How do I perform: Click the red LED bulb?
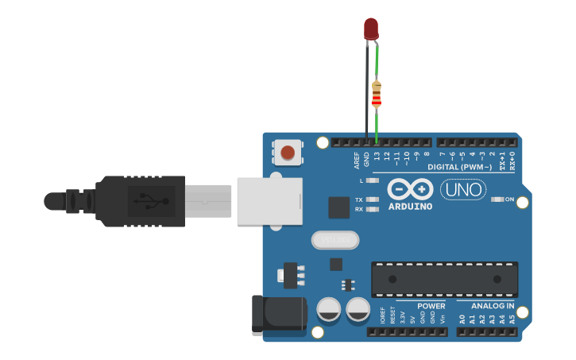[371, 29]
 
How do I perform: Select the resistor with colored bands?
[377, 94]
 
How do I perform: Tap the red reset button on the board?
[288, 151]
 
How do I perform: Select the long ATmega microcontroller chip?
[444, 279]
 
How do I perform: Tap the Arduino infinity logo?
[410, 190]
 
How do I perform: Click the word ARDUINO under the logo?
[410, 207]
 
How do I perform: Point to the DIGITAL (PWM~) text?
[459, 167]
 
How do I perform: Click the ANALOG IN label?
[492, 305]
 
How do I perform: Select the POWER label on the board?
[431, 305]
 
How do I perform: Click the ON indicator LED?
[497, 199]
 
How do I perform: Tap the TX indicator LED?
[371, 199]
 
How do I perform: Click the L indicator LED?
[371, 180]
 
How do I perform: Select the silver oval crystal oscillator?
[334, 239]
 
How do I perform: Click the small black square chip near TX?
[338, 207]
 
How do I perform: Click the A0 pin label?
[462, 318]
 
